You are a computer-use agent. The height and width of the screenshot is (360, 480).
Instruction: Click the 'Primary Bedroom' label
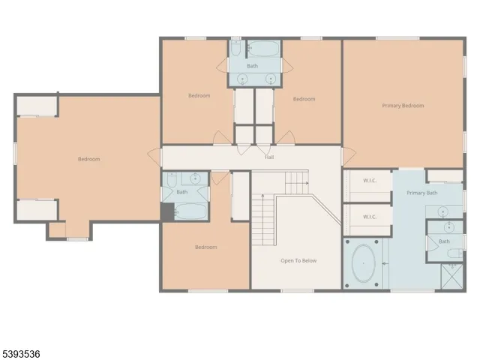tap(403, 106)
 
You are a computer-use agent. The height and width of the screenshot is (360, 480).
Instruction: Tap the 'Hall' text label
tap(268, 157)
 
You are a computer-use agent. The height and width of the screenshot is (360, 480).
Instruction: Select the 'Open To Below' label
tap(298, 261)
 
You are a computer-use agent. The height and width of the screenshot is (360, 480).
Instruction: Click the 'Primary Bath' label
tap(421, 193)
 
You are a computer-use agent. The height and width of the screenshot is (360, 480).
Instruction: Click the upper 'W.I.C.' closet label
tap(369, 180)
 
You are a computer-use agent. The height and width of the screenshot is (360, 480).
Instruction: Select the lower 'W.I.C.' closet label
tap(369, 217)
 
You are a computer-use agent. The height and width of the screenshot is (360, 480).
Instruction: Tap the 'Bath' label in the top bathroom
tap(252, 66)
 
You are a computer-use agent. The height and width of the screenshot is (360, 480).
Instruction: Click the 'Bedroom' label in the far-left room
tap(88, 159)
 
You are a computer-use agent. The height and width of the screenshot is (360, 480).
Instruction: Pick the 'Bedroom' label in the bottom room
tap(205, 247)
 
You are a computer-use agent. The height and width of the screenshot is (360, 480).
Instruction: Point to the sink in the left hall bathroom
tap(196, 179)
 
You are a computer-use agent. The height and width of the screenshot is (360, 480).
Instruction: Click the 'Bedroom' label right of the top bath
tap(304, 99)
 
